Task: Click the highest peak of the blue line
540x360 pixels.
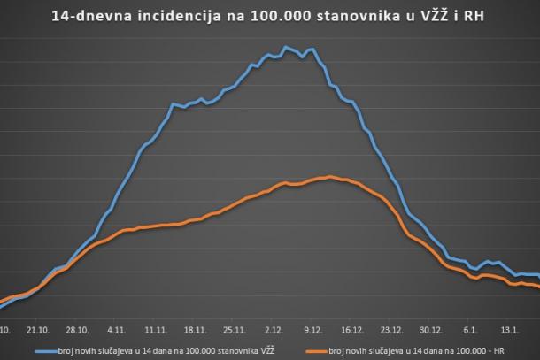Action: click(x=285, y=47)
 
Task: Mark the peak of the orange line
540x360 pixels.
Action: click(x=329, y=177)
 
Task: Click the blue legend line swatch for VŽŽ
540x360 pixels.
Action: click(x=48, y=350)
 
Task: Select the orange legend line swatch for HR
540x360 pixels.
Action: click(x=315, y=350)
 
